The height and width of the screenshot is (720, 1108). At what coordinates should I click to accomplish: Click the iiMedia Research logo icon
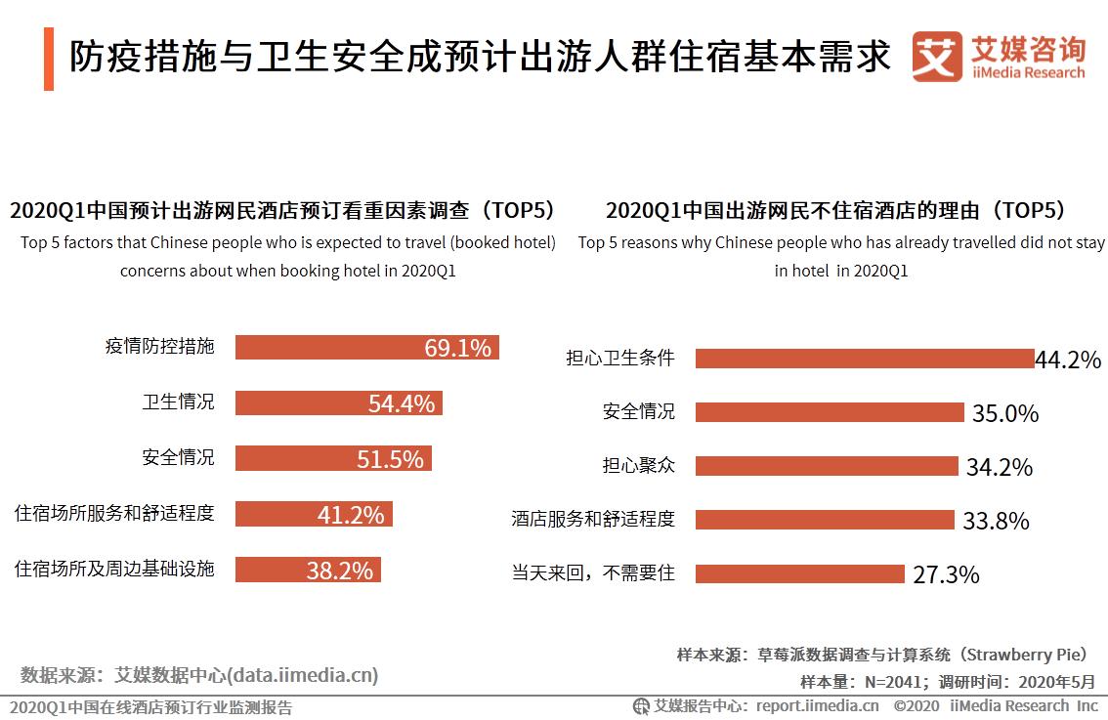pos(937,57)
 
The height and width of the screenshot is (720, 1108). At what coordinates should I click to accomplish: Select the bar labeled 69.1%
pos(366,347)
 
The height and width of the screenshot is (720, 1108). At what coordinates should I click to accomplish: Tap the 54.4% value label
pos(401,403)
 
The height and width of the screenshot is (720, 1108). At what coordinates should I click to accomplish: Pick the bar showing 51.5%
pos(333,458)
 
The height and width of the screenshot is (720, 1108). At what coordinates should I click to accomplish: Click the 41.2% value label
pos(350,514)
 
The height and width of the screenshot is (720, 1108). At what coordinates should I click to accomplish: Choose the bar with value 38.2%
pos(308,570)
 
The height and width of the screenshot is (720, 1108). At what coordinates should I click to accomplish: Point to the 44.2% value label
pos(1068,360)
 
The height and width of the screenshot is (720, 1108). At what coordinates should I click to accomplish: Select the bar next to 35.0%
pos(830,412)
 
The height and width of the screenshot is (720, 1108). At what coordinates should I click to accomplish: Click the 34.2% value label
pos(999,467)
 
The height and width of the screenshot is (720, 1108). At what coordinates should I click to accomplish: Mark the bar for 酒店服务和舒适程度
pos(824,520)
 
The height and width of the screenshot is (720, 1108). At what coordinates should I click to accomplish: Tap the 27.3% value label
pos(946,574)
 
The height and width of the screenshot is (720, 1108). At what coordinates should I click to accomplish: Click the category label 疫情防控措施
pos(159,346)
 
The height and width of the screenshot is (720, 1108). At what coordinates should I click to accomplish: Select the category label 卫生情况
pos(178,402)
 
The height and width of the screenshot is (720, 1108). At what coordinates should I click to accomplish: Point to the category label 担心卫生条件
pos(620,358)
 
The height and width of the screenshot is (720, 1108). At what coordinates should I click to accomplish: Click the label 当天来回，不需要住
pos(593,572)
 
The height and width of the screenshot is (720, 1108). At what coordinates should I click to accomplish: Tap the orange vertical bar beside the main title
pos(49,59)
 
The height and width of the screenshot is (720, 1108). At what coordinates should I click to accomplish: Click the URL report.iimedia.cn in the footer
pos(817,705)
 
